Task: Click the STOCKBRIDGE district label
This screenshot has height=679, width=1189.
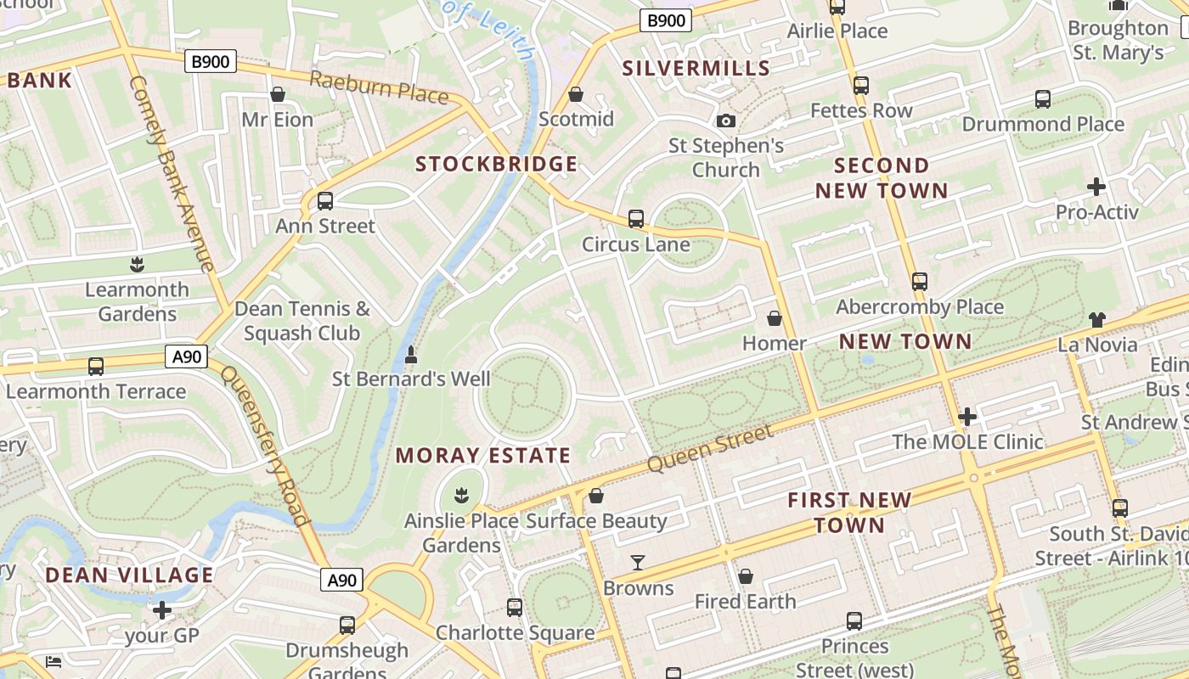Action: coord(496,164)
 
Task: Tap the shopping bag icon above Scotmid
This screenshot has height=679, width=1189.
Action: coord(576,94)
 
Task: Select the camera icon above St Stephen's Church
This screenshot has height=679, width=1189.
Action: coord(725,121)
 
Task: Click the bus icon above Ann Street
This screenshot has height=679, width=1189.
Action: coord(324,201)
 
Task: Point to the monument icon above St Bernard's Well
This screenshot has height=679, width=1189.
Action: coord(411,354)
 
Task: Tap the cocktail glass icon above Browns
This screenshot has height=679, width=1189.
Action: coord(638,563)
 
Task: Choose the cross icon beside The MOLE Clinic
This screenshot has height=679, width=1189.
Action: coord(966,417)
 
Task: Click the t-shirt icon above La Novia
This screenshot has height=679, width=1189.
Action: coord(1097,320)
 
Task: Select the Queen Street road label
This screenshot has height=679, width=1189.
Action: coord(710,449)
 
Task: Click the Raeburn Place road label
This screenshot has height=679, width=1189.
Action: coord(379,87)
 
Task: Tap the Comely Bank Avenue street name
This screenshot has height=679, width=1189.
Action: coord(171,174)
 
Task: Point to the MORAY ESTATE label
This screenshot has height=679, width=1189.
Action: coord(483,456)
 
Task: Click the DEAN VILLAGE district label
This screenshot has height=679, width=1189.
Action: coord(129,575)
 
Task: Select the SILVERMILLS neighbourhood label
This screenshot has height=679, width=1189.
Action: coord(696,69)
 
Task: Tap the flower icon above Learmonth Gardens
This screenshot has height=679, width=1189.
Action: coord(137,265)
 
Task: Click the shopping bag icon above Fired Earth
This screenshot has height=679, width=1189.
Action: coord(746,577)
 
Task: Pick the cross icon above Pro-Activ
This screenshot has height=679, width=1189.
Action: coord(1096,187)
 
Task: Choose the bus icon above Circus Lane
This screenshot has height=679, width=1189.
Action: coord(636,219)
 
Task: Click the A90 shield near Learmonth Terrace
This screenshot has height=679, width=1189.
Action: coord(187,356)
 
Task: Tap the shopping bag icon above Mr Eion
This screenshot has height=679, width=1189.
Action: coord(277,94)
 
